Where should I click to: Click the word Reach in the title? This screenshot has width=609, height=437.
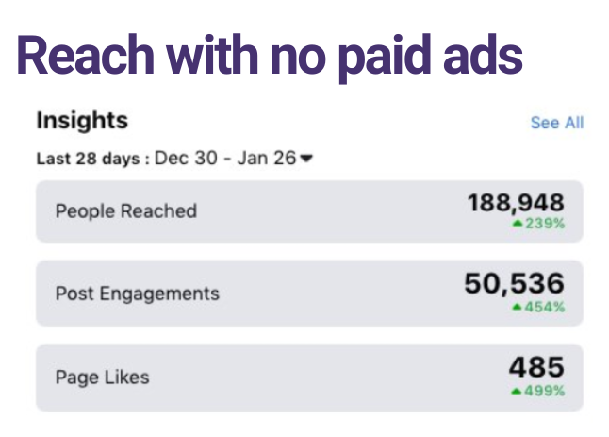coord(82,56)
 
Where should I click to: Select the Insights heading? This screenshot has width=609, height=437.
coord(82,121)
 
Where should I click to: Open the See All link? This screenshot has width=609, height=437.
coord(556,123)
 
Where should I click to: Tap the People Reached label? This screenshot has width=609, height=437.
coord(125,210)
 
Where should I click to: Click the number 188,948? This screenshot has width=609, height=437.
coord(516,203)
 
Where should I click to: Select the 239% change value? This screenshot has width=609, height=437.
coord(544,225)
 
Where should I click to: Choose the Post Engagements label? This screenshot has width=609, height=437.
coord(137,294)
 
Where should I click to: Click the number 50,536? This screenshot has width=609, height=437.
coord(514,283)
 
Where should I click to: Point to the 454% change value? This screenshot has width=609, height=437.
coord(544,307)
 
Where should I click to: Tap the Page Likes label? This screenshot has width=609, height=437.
coord(102,377)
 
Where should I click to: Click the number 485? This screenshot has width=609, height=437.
coord(535,367)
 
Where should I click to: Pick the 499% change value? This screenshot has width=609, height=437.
coord(544,391)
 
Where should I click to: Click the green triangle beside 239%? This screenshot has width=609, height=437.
coord(517,225)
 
